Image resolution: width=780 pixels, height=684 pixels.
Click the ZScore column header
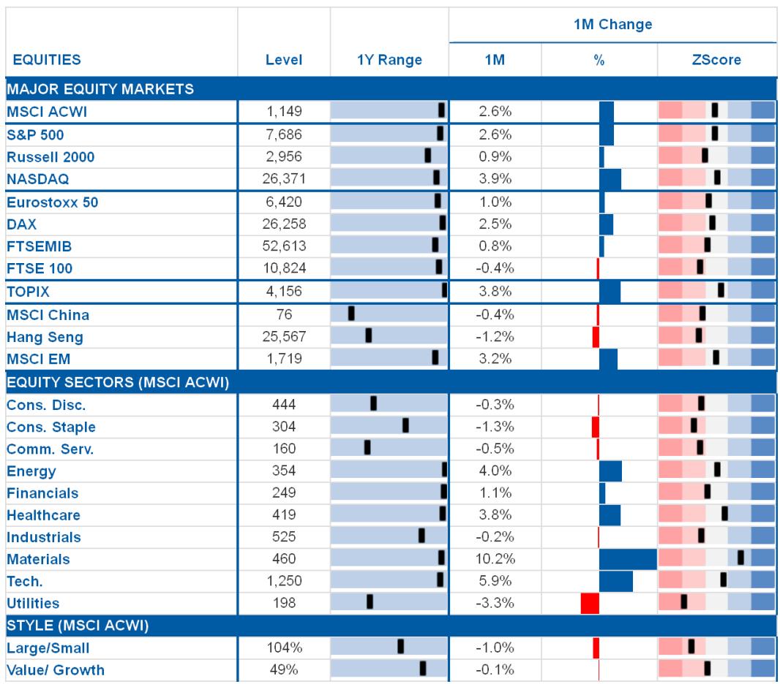tap(716, 60)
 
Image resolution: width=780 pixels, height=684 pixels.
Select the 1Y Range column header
tap(389, 60)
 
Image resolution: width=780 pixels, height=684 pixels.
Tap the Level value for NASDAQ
tap(284, 179)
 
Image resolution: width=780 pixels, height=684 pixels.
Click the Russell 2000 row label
tap(50, 157)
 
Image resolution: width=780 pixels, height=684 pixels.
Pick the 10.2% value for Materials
tap(495, 559)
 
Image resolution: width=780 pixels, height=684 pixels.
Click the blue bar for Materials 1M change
tap(629, 559)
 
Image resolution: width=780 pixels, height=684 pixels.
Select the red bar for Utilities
tap(590, 603)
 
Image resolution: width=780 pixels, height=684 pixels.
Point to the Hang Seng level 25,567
tap(284, 337)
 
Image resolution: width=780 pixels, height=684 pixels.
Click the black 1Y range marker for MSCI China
tap(351, 313)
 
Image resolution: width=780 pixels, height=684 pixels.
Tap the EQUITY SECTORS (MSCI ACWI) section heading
tap(118, 382)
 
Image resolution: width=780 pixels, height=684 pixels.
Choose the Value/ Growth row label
tap(56, 670)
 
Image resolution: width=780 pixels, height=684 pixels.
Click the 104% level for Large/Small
tap(284, 647)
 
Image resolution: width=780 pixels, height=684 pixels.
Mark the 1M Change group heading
tap(613, 24)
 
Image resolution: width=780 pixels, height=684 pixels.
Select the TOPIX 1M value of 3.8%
tap(495, 291)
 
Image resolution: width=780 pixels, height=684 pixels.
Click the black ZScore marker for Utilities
tap(684, 601)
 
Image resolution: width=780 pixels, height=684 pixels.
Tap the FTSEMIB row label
tap(40, 246)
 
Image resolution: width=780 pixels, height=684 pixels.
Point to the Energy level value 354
tap(284, 471)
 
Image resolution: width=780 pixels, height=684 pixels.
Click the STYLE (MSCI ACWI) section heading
tap(78, 626)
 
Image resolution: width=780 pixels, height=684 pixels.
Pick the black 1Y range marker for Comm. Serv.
tap(367, 447)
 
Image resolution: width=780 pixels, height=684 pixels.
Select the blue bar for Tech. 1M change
tap(616, 581)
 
